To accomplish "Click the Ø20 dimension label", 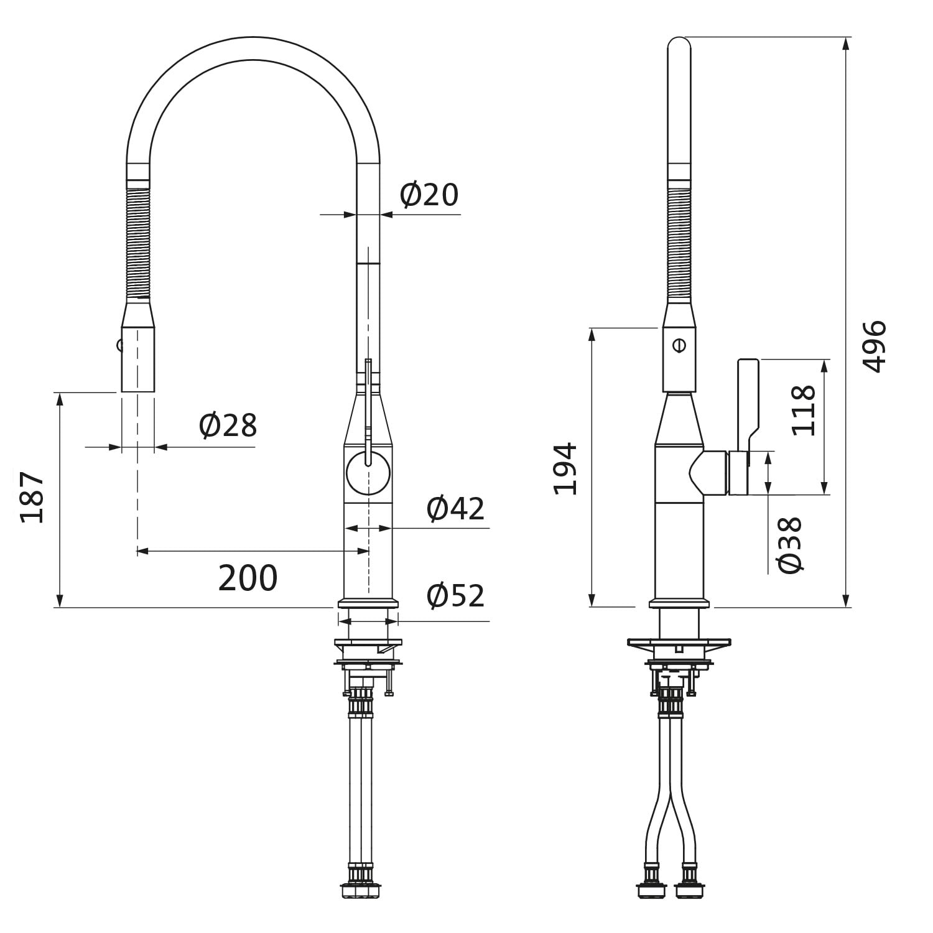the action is point(429,195).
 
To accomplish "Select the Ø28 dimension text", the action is point(228,426).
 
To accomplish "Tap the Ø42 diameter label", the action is point(455,509).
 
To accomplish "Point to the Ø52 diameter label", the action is point(455,596).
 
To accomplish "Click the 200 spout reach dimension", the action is point(248,578).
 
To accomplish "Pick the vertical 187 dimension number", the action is point(32,497).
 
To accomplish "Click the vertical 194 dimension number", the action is point(565,469).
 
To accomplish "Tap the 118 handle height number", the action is point(803,411).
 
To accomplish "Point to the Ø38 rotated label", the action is point(790,545).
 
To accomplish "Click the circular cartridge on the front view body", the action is point(368,474).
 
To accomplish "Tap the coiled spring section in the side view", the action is point(679,244).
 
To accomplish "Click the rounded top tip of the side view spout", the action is point(679,39).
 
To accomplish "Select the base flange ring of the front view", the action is point(368,603).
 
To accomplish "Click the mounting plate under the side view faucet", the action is point(679,641).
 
